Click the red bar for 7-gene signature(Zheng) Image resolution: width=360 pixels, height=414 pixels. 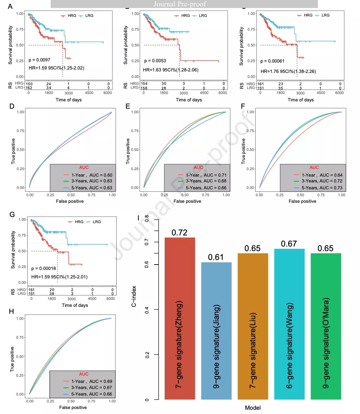pyautogui.click(x=180, y=319)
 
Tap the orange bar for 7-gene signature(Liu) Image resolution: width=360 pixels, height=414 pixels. pyautogui.click(x=253, y=326)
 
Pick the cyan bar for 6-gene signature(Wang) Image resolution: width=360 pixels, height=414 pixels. pyautogui.click(x=289, y=325)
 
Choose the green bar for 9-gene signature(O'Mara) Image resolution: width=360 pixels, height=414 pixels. pyautogui.click(x=325, y=326)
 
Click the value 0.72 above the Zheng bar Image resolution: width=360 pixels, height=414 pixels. pyautogui.click(x=180, y=232)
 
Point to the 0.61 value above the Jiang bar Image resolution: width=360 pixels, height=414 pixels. pyautogui.click(x=216, y=257)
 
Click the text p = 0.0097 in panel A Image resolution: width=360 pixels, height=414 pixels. pyautogui.click(x=40, y=60)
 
